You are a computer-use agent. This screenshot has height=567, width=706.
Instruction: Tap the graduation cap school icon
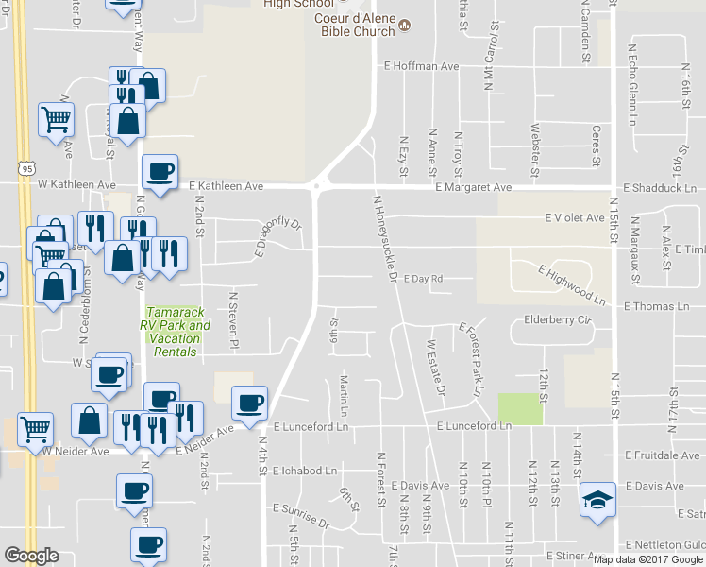point(597,498)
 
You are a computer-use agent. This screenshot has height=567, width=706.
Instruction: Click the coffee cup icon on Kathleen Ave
point(159,171)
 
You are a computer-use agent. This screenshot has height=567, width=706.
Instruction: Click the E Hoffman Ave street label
point(421,66)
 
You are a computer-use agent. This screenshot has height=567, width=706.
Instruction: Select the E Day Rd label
point(423,279)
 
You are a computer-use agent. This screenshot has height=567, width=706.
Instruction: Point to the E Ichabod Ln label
point(304,470)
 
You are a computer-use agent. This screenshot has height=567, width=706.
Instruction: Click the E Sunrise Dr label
point(301,522)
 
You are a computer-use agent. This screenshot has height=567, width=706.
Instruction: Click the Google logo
point(31,556)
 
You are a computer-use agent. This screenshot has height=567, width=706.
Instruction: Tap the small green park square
point(521,408)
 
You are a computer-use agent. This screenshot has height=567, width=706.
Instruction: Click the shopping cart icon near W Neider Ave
point(36,429)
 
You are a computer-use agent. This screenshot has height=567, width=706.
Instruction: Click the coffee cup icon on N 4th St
point(250,404)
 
